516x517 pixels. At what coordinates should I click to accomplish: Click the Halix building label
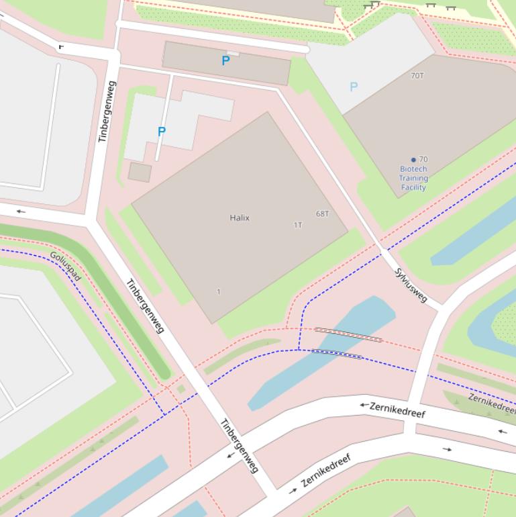240,218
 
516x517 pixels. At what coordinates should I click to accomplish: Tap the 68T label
323,214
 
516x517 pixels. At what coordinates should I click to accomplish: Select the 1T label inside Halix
298,225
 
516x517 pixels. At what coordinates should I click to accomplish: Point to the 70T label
417,76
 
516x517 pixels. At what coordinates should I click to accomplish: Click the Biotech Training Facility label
413,179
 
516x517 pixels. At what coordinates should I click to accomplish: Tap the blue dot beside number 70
413,160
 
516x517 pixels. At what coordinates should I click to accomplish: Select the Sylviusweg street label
411,285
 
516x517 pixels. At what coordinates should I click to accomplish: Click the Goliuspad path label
66,267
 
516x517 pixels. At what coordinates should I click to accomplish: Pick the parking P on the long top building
225,61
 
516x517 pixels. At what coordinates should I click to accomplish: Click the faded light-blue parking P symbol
354,87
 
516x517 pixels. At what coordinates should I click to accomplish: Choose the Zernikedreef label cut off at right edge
492,403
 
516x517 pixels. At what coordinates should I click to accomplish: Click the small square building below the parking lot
140,172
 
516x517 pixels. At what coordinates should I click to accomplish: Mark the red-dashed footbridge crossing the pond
348,334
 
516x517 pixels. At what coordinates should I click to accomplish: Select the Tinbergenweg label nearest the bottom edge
240,445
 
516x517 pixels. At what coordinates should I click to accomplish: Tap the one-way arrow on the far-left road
21,211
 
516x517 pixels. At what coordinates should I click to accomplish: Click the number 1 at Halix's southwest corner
219,291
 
